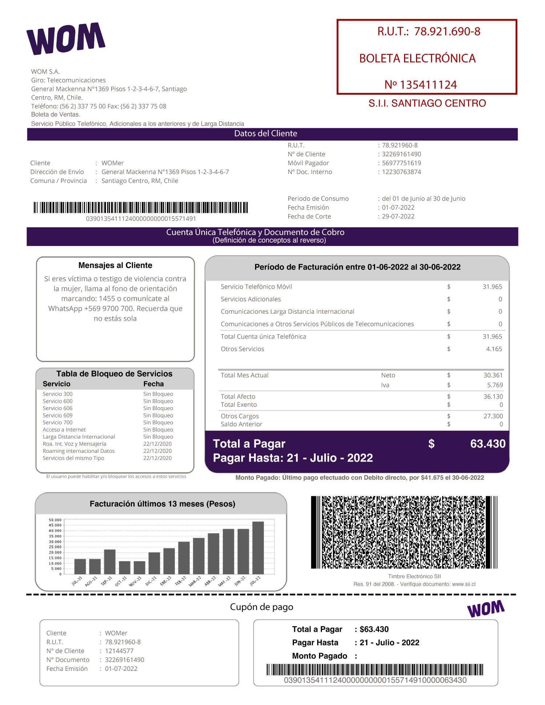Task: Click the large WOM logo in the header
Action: [66, 39]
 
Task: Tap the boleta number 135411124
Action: [428, 85]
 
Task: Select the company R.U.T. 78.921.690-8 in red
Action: [447, 32]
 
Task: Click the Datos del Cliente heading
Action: [266, 134]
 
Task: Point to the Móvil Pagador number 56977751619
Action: [401, 163]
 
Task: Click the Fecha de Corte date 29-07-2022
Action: [398, 216]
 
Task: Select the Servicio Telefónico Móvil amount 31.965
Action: [492, 287]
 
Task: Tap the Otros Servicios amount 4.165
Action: [494, 349]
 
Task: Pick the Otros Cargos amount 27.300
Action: [493, 416]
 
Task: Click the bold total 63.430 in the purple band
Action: [488, 444]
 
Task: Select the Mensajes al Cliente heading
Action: [115, 266]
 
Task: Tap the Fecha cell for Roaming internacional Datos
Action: [157, 451]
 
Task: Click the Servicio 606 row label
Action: [57, 408]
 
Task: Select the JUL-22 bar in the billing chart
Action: [258, 548]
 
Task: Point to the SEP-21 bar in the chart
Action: [110, 562]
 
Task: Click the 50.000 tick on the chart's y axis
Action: [55, 520]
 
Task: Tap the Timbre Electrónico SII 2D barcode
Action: [404, 532]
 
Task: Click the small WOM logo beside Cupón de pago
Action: [486, 609]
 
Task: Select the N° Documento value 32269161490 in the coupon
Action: [124, 660]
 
